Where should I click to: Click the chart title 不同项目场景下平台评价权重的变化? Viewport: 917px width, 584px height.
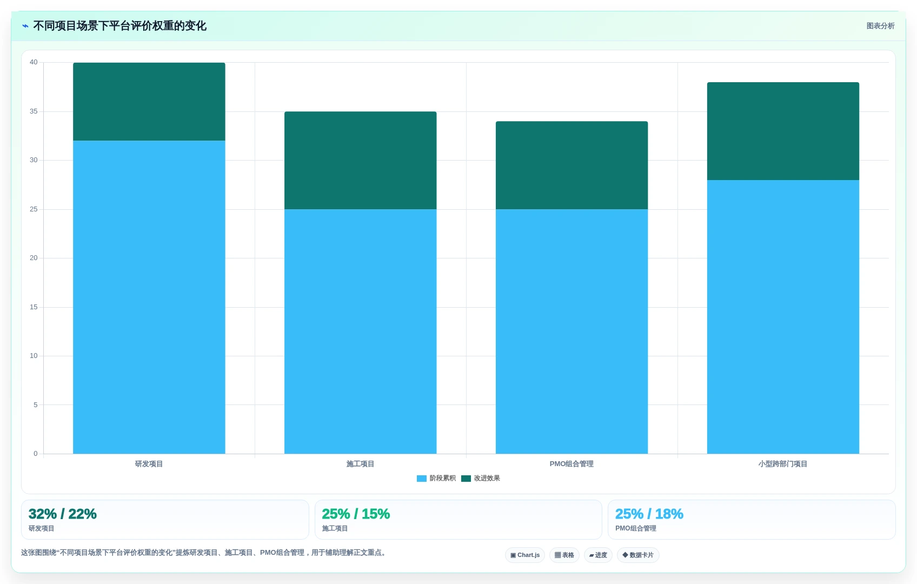pyautogui.click(x=119, y=26)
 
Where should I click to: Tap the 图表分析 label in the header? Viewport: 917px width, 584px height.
pyautogui.click(x=880, y=26)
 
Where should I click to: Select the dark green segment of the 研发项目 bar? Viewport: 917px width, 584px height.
pyautogui.click(x=149, y=102)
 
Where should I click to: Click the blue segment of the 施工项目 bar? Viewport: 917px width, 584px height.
pyautogui.click(x=360, y=331)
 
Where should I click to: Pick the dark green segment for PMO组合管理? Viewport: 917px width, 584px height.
pyautogui.click(x=572, y=165)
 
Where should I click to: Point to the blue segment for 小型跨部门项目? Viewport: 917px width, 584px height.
pyautogui.click(x=783, y=317)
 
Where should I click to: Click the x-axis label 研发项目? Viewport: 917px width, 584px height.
pyautogui.click(x=149, y=463)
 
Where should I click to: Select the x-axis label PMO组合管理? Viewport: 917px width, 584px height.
pyautogui.click(x=572, y=463)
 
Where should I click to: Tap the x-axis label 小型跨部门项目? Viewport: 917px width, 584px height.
pyautogui.click(x=783, y=463)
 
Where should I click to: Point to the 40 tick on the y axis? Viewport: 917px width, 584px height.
pyautogui.click(x=34, y=62)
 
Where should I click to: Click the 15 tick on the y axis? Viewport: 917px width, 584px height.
pyautogui.click(x=34, y=307)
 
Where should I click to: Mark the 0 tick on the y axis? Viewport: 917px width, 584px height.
pyautogui.click(x=36, y=453)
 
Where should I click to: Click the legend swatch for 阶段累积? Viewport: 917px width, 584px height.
pyautogui.click(x=422, y=479)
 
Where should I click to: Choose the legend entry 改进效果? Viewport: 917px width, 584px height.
pyautogui.click(x=481, y=479)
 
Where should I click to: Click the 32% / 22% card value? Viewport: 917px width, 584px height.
pyautogui.click(x=63, y=514)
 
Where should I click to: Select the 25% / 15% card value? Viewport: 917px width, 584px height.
pyautogui.click(x=356, y=514)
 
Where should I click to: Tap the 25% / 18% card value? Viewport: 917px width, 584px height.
pyautogui.click(x=649, y=514)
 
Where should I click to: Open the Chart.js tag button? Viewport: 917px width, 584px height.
pyautogui.click(x=525, y=555)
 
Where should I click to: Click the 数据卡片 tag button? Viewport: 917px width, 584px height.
pyautogui.click(x=638, y=555)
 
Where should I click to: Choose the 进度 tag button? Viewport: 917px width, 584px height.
pyautogui.click(x=598, y=555)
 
